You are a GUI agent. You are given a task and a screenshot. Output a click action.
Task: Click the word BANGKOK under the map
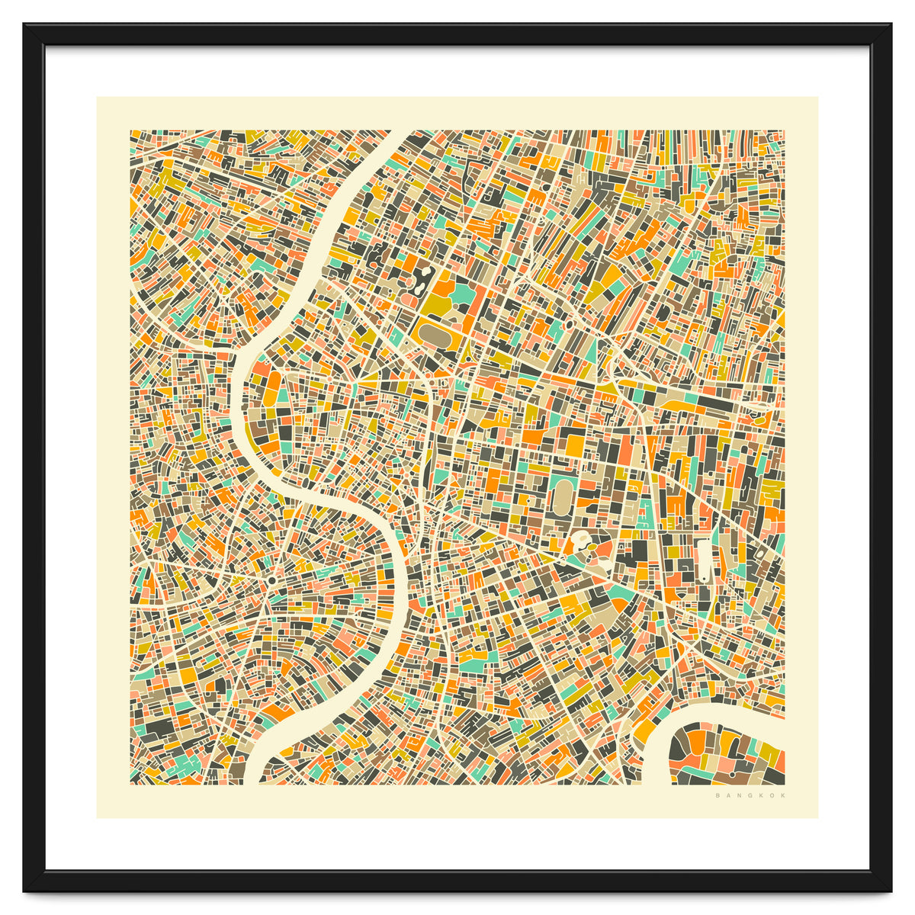click(750, 796)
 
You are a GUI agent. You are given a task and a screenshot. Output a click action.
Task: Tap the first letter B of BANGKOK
click(718, 796)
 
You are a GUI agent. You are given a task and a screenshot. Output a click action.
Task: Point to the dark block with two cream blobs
click(421, 283)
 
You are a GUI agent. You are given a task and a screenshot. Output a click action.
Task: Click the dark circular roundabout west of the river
click(271, 581)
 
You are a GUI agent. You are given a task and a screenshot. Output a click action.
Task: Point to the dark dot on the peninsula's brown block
click(734, 774)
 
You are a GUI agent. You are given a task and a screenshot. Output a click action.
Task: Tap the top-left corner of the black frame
click(24, 24)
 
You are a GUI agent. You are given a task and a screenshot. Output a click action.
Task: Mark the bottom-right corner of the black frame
click(890, 890)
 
